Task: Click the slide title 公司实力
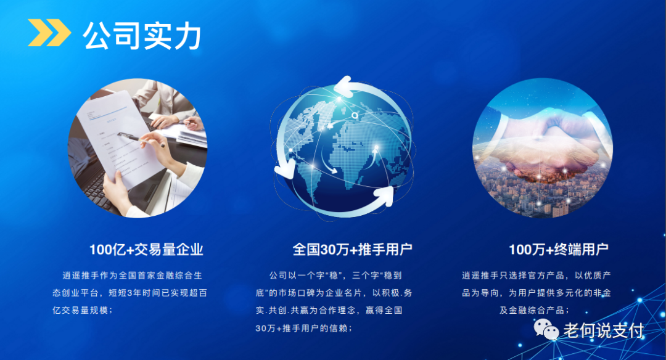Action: tap(142, 36)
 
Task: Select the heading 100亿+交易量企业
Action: tap(146, 250)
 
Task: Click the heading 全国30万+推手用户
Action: tap(352, 250)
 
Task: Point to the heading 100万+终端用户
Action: tap(558, 250)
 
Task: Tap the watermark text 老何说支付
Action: tap(603, 330)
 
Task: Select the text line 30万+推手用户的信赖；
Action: tap(304, 328)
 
